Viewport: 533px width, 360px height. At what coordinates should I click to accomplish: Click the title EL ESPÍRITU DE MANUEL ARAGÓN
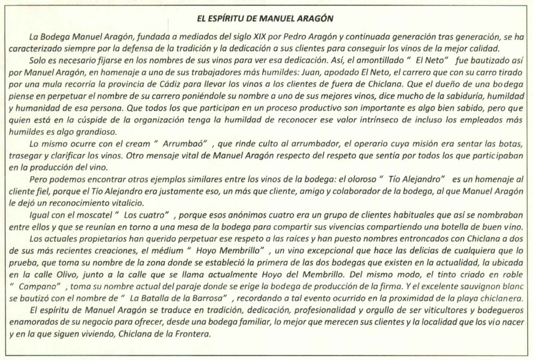[x=265, y=18]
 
